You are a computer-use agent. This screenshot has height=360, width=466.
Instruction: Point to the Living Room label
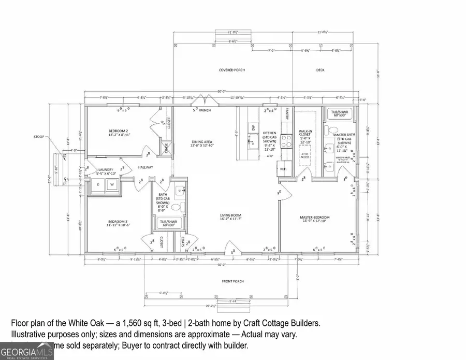click(230, 217)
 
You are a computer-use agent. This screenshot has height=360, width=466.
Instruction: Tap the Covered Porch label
click(232, 69)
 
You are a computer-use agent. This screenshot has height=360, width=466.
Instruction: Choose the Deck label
click(321, 69)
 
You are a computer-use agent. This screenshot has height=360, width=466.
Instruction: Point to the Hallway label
click(147, 167)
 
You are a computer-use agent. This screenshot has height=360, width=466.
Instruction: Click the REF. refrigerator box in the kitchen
click(284, 169)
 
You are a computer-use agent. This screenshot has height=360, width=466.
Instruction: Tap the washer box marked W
click(111, 184)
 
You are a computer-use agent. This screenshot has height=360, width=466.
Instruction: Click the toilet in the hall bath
click(176, 208)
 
